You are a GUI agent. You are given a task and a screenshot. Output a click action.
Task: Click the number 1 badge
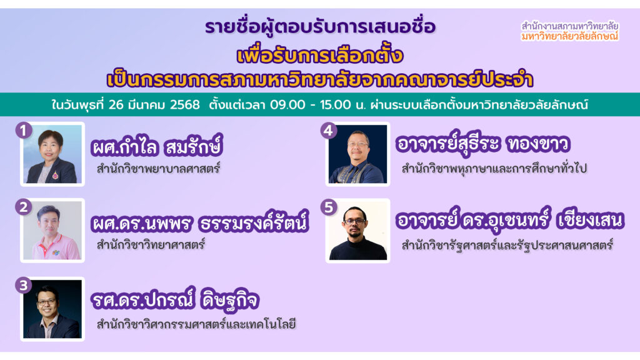pos(23,131)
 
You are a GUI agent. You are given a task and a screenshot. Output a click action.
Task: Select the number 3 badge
pos(23,286)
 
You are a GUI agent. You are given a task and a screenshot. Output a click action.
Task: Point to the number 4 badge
pos(329,131)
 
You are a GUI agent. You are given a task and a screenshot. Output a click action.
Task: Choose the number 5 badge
pos(329,207)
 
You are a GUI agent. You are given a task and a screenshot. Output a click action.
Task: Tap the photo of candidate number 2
pos(52,231)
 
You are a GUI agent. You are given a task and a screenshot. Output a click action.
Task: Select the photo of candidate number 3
pos(52,309)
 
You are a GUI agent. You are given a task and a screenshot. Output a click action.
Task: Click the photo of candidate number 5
pos(357,231)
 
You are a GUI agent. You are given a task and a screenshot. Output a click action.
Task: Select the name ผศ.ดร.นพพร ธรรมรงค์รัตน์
pos(199,224)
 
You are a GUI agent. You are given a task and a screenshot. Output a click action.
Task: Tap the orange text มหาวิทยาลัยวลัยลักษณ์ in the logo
pos(569,37)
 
